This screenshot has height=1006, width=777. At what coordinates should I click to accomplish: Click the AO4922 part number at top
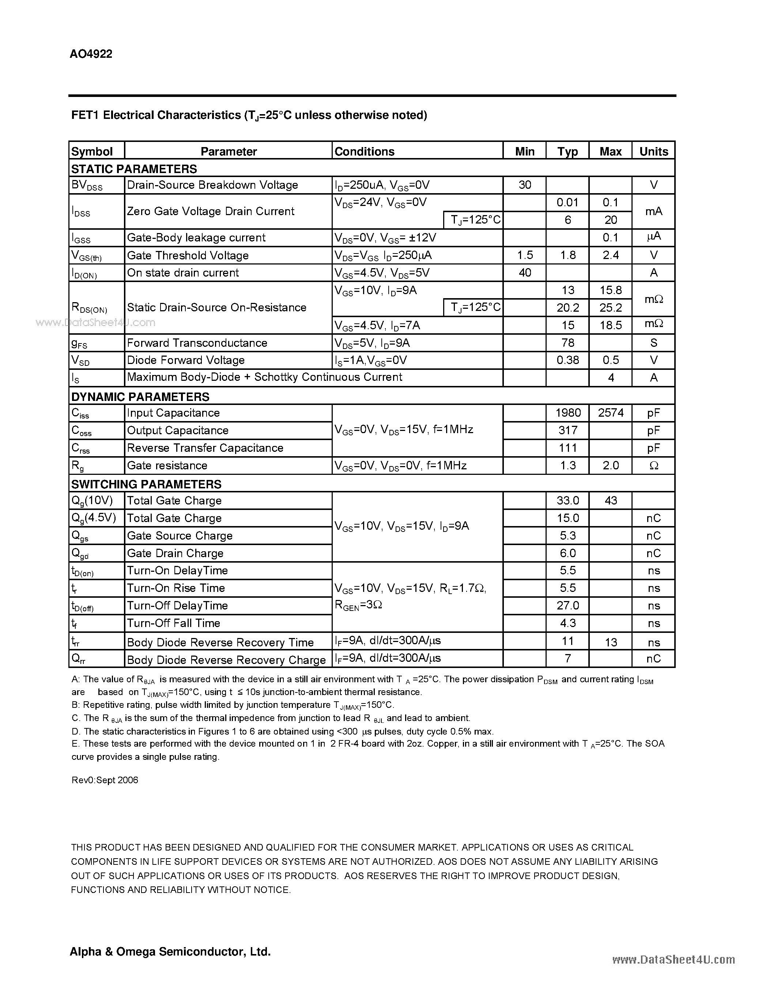click(91, 54)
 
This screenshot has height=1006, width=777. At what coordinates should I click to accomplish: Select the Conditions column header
click(364, 151)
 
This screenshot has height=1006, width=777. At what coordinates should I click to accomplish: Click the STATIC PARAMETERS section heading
click(134, 169)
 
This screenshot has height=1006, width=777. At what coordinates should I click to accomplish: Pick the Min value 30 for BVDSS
click(525, 185)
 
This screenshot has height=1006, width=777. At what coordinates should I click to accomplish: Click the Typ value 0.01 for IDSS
click(567, 202)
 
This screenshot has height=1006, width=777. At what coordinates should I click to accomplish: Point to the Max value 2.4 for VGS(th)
click(610, 255)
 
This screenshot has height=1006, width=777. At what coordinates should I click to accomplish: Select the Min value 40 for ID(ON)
click(525, 273)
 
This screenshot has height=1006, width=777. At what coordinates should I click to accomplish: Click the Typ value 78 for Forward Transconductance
click(567, 343)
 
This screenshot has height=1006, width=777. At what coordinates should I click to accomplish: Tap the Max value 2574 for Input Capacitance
click(610, 413)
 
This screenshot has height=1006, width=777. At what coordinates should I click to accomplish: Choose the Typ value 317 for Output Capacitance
click(567, 430)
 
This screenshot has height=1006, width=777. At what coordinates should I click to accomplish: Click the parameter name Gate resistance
click(167, 465)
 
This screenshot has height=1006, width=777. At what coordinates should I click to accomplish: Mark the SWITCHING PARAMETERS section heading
click(146, 484)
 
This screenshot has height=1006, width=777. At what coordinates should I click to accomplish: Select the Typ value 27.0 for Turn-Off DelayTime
click(567, 605)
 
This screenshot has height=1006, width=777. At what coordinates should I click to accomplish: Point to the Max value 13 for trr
click(610, 642)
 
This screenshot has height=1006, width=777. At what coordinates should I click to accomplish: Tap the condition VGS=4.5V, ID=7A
click(377, 326)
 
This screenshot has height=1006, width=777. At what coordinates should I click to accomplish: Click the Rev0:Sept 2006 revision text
click(105, 780)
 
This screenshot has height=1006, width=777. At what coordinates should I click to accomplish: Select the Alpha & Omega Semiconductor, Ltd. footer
click(170, 951)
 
